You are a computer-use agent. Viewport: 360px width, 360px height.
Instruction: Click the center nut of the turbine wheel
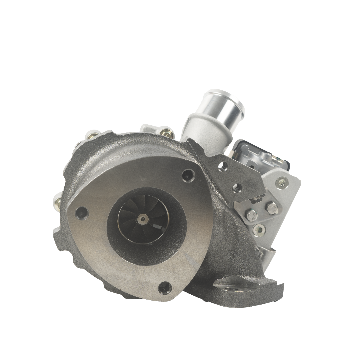143,219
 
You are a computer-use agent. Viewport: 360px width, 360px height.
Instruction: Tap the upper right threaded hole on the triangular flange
189,174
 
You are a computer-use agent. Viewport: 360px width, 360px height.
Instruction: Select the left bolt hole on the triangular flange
80,211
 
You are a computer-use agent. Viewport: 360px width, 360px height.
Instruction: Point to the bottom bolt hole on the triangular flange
164,287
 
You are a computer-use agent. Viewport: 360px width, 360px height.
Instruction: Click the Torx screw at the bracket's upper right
283,182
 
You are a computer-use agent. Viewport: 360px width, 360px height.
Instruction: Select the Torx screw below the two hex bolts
259,229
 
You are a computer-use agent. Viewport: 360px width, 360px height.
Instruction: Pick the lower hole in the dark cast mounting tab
238,187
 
